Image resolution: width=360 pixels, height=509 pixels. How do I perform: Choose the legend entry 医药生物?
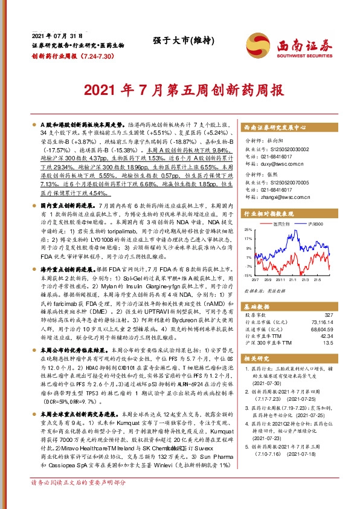(x=282, y=224)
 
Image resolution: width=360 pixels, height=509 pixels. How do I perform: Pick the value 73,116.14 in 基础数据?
(x=322, y=323)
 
